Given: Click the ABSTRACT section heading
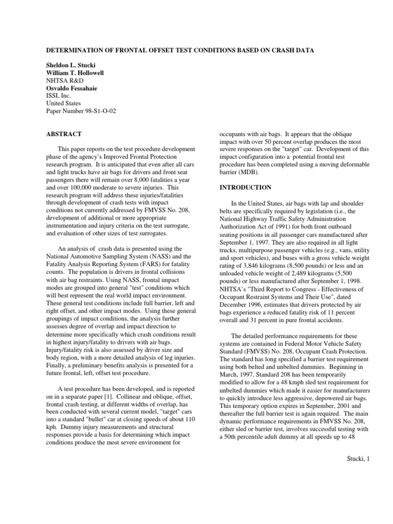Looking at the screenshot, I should coord(64,134).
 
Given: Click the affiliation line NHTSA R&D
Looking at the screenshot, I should coord(64,80).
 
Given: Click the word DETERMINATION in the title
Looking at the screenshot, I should coord(77,50).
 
